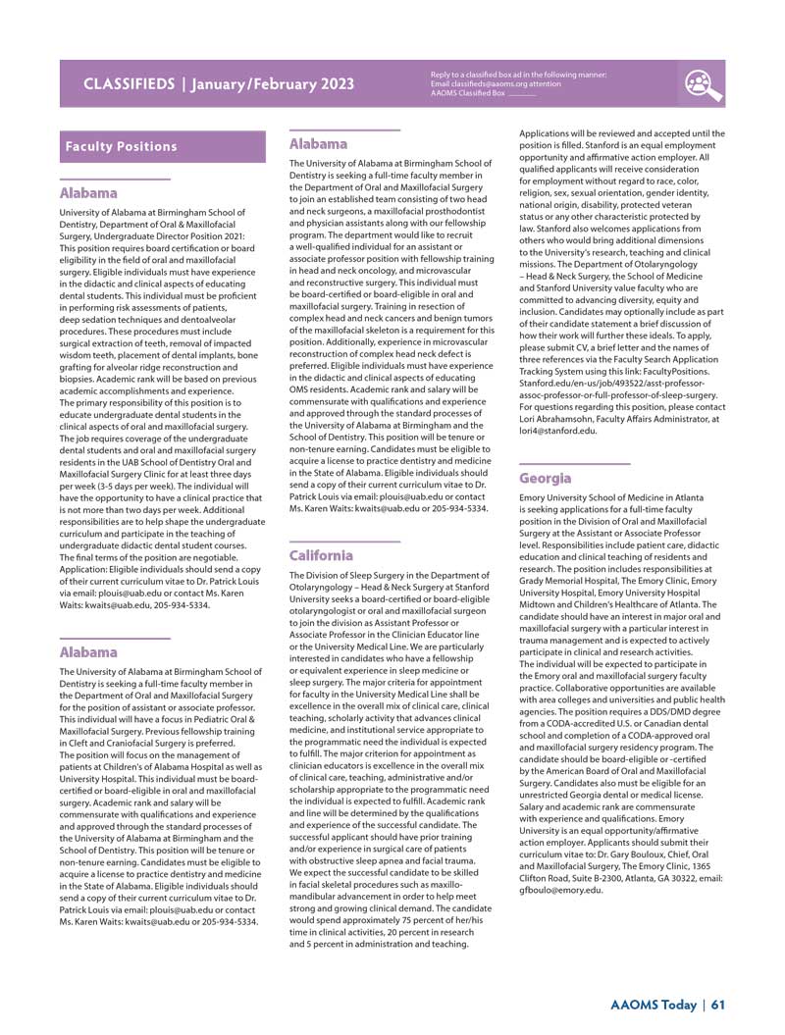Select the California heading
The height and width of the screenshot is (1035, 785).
321,555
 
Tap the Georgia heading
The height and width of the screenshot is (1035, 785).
545,478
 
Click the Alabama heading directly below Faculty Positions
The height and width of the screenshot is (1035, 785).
88,193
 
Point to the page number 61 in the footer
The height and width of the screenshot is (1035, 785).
718,1005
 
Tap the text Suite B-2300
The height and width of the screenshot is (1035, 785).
590,878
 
